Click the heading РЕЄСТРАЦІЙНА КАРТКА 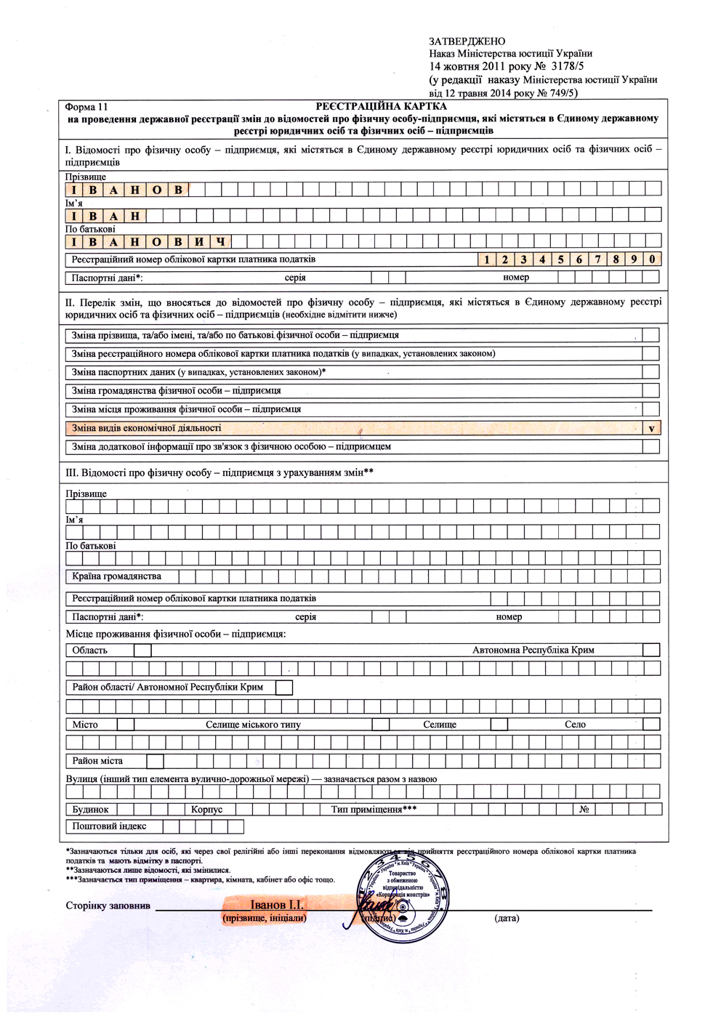tap(381, 107)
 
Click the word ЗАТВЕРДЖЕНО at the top tap(467, 41)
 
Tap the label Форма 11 tap(86, 107)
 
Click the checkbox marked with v tap(651, 428)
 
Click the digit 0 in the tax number tap(653, 259)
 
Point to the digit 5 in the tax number tap(560, 259)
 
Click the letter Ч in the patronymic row tap(221, 242)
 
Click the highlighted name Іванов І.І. tap(276, 905)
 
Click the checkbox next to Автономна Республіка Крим tap(651, 650)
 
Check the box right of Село tap(651, 724)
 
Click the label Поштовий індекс tap(109, 826)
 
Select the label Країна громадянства tap(116, 576)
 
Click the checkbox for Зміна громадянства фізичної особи tap(651, 391)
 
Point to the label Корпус tap(206, 809)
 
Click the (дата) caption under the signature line tap(507, 918)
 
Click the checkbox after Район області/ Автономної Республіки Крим tap(284, 687)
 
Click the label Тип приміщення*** tap(374, 809)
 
